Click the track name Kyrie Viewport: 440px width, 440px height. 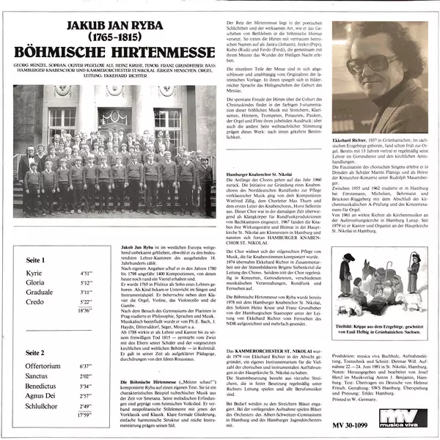tap(36, 252)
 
